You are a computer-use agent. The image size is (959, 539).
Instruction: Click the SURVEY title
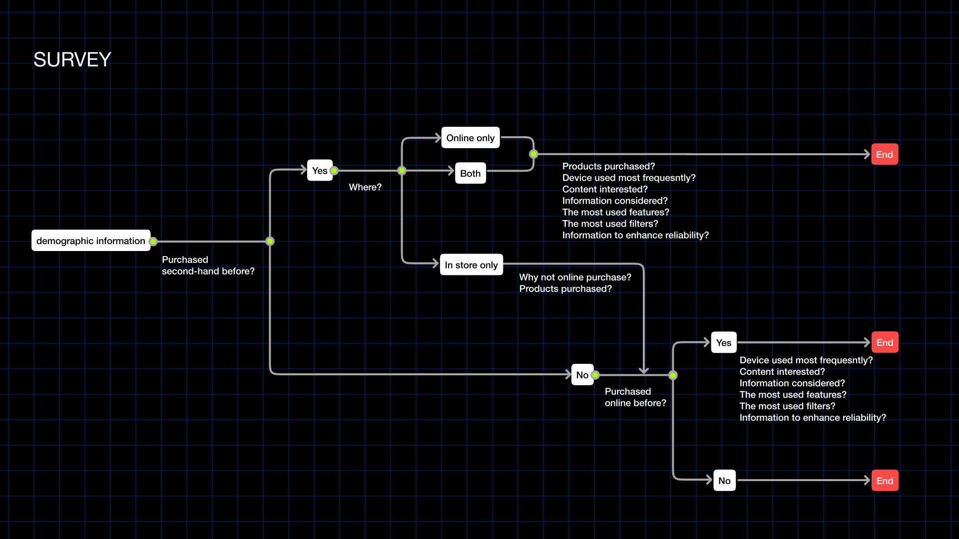72,60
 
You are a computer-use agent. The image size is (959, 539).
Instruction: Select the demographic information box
90,241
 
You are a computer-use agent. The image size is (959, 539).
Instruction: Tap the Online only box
470,138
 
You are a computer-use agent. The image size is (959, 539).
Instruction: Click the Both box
470,173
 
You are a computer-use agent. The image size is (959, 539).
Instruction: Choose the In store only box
471,265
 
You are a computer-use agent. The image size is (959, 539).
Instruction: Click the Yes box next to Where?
319,170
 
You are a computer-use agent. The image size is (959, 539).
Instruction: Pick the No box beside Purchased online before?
582,375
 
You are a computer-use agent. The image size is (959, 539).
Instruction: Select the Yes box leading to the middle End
723,342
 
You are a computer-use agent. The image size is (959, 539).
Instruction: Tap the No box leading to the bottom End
724,481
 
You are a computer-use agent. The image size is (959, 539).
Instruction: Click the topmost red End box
885,154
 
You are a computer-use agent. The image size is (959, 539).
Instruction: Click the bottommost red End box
885,481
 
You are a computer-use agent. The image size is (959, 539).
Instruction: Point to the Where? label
365,187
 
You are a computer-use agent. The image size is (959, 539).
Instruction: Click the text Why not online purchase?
575,277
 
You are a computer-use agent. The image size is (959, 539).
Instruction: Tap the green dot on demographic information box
153,242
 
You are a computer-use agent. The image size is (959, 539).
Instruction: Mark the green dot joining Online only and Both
533,154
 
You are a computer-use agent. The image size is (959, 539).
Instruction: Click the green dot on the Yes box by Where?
334,171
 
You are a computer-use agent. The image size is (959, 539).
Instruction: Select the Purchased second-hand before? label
208,266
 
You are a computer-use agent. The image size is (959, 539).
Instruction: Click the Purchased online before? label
635,397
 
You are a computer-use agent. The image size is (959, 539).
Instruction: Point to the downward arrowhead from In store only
644,371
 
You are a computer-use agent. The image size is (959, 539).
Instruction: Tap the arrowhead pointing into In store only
436,263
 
